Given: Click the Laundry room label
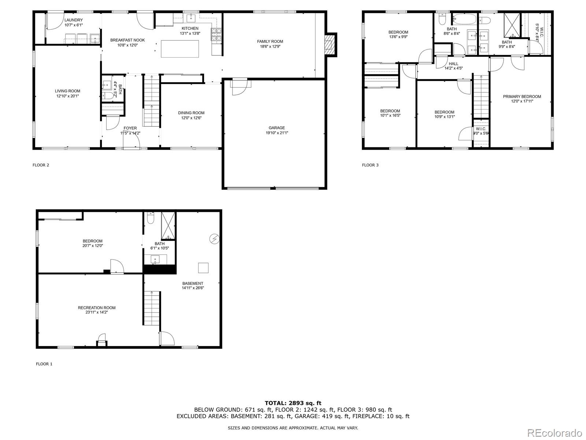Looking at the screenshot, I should pyautogui.click(x=74, y=20).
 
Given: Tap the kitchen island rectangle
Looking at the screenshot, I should pyautogui.click(x=180, y=48).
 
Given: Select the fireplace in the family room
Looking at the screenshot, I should pyautogui.click(x=330, y=44).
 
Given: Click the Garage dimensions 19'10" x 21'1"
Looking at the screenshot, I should pyautogui.click(x=277, y=133).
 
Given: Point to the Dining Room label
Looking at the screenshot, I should pyautogui.click(x=191, y=113).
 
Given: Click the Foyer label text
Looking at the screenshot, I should pyautogui.click(x=130, y=128).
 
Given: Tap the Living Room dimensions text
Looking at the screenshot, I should pyautogui.click(x=67, y=96).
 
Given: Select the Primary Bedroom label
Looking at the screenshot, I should pyautogui.click(x=522, y=97).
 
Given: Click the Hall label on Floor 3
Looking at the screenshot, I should pyautogui.click(x=453, y=64).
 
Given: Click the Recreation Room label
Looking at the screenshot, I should pyautogui.click(x=96, y=308).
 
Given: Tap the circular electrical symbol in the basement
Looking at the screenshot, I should pyautogui.click(x=214, y=239).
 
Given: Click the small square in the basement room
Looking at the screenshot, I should pyautogui.click(x=203, y=268).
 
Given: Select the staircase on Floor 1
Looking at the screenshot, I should pyautogui.click(x=152, y=308).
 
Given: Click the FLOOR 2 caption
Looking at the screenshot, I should pyautogui.click(x=41, y=165).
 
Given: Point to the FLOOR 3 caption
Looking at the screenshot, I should pyautogui.click(x=370, y=165).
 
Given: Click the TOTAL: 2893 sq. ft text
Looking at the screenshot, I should pyautogui.click(x=293, y=403).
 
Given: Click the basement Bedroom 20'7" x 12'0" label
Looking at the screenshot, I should pyautogui.click(x=92, y=243).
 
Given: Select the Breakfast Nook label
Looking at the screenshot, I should pyautogui.click(x=127, y=40).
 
